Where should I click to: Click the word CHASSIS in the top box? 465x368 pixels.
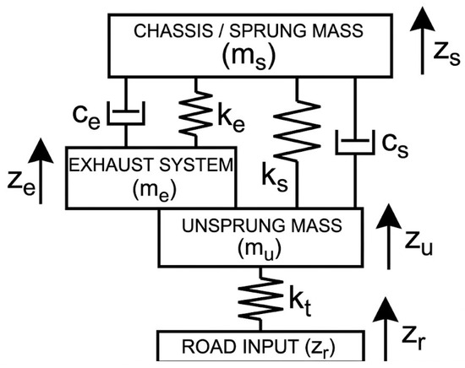click(172, 30)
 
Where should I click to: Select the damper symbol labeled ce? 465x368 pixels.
click(126, 112)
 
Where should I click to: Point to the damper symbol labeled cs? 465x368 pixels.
click(355, 142)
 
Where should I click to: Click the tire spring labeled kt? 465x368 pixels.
click(260, 298)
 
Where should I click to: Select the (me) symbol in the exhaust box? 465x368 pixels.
click(155, 189)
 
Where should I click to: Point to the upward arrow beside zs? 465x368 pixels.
click(422, 41)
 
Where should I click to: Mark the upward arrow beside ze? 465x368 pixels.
click(41, 171)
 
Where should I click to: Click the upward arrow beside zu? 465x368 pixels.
click(389, 237)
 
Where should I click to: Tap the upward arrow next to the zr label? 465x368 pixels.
click(386, 329)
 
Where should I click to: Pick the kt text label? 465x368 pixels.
click(300, 305)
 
